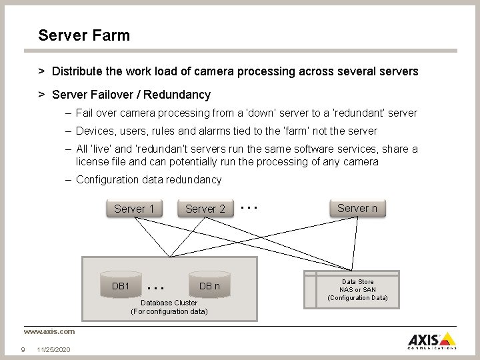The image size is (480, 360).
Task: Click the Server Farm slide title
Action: pyautogui.click(x=84, y=35)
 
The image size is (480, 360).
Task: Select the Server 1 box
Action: pyautogui.click(x=134, y=209)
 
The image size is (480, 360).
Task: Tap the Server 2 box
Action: pyautogui.click(x=205, y=209)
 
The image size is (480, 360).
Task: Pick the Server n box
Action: pyautogui.click(x=357, y=208)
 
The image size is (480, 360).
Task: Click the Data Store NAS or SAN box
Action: pyautogui.click(x=357, y=290)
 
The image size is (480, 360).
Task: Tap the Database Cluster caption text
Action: pyautogui.click(x=169, y=307)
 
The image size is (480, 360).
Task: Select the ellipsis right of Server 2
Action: pyautogui.click(x=249, y=207)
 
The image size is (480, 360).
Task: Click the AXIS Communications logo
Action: pyautogui.click(x=432, y=340)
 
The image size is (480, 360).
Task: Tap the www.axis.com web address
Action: pyautogui.click(x=49, y=331)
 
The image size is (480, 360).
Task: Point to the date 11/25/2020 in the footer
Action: pyautogui.click(x=54, y=349)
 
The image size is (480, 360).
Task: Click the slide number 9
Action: pyautogui.click(x=23, y=349)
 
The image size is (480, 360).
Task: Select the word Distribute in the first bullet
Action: pyautogui.click(x=78, y=71)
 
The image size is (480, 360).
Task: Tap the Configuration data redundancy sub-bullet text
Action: pyautogui.click(x=149, y=179)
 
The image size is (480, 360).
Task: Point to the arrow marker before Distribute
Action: pyautogui.click(x=41, y=71)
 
